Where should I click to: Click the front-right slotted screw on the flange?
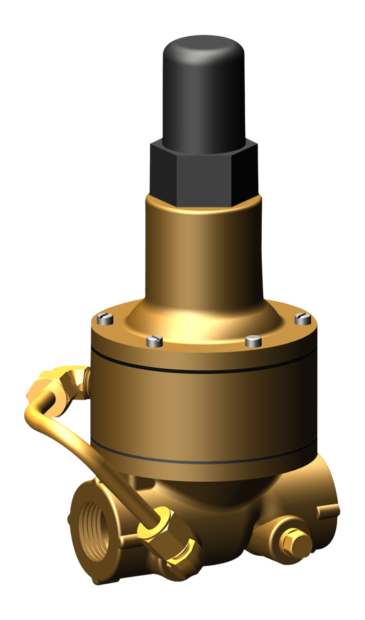pos(253,341)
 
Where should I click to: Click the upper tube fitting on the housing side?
pos(69,381)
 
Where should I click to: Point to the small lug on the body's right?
pos(328,510)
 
